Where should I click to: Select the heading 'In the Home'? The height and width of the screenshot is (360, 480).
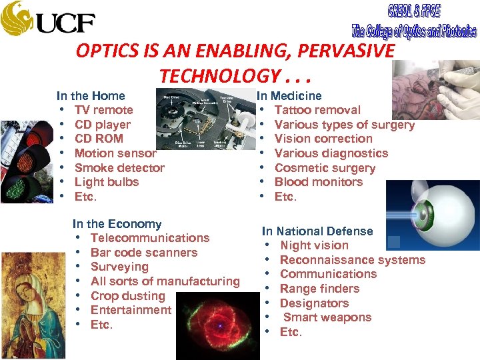[x=91, y=96]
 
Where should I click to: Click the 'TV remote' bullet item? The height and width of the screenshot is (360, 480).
[x=103, y=110]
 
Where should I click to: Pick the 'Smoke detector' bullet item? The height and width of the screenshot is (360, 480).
[x=119, y=168]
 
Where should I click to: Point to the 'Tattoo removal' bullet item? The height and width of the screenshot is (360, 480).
[x=317, y=110]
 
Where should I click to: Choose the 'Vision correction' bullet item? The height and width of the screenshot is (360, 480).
[x=323, y=139]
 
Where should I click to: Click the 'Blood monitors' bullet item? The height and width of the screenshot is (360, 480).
[x=319, y=182]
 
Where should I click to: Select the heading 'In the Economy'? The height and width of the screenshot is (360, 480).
[x=117, y=224]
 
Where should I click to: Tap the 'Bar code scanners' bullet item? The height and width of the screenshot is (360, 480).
[x=144, y=253]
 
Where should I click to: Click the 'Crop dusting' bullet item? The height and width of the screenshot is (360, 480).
[x=127, y=296]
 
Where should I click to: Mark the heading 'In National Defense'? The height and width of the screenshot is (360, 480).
[x=317, y=231]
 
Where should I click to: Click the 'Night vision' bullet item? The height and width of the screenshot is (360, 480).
[x=314, y=245]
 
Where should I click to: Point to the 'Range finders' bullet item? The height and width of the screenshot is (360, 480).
[x=319, y=289]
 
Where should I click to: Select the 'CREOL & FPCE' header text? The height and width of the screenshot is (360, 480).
[x=413, y=11]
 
